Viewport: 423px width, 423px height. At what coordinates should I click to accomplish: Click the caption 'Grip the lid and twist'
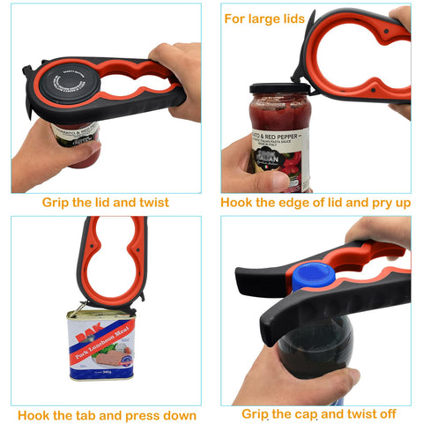(106, 203)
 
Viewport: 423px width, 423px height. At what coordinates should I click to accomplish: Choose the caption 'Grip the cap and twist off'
(319, 413)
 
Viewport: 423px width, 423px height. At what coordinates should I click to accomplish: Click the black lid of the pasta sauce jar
(277, 89)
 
